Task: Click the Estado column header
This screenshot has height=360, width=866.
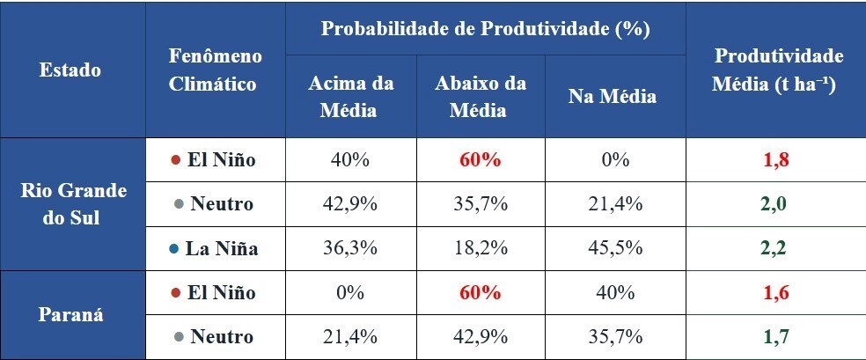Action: (x=70, y=70)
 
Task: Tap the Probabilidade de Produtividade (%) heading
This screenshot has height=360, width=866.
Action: (x=485, y=28)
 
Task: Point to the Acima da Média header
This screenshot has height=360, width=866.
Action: (x=350, y=96)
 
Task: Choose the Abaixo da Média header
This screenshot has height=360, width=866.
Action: (x=480, y=96)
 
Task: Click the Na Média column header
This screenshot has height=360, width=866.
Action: (x=613, y=96)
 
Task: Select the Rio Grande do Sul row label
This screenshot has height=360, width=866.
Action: (x=72, y=204)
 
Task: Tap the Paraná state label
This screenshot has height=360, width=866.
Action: (x=72, y=315)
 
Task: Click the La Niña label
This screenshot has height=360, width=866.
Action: (x=221, y=248)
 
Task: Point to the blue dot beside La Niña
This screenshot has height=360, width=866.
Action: (x=174, y=249)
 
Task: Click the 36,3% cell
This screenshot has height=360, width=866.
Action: (x=350, y=248)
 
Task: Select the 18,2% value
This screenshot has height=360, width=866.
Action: (x=480, y=248)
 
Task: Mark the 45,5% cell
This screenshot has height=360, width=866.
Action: (x=613, y=248)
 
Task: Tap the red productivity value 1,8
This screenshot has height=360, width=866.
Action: (x=774, y=160)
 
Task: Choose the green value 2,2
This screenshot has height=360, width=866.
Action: (x=774, y=248)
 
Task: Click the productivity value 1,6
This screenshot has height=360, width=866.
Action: (x=774, y=293)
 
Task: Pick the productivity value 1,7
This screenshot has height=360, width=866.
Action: (x=774, y=336)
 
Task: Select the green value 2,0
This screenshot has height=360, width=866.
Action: (x=774, y=204)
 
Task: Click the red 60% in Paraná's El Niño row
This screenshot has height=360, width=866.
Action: (x=480, y=293)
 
